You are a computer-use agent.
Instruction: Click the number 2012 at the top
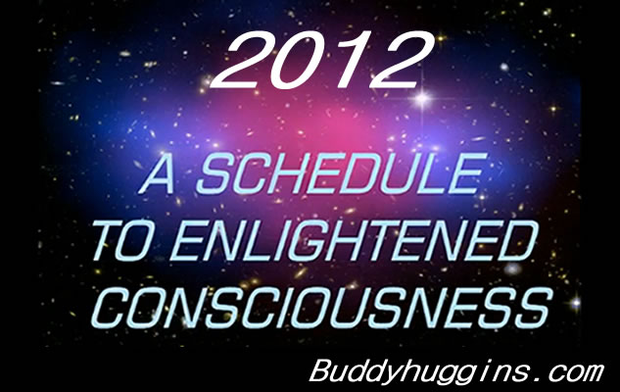pos(322,60)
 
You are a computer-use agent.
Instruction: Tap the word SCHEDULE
pos(341,173)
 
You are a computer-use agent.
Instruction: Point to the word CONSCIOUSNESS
pos(321,308)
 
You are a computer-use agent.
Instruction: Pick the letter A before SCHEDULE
pos(158,173)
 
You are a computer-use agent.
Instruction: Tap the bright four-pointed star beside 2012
pos(423,98)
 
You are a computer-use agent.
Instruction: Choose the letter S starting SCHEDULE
pos(215,173)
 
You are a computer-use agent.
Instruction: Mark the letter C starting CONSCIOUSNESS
pos(112,308)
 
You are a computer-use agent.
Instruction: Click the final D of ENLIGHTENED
pos(517,240)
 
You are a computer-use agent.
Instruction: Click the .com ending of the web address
pos(568,373)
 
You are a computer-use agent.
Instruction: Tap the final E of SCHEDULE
pos(466,173)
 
